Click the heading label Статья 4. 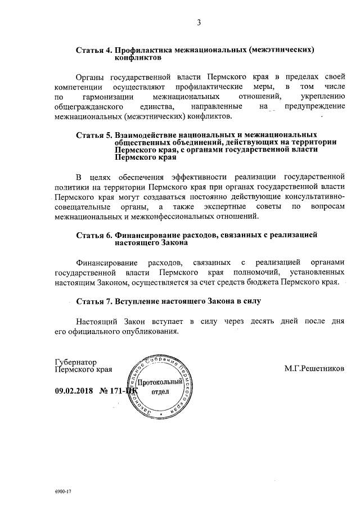click(93, 51)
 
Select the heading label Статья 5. click(93, 136)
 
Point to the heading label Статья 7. click(93, 301)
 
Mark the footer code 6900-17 click(63, 491)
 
